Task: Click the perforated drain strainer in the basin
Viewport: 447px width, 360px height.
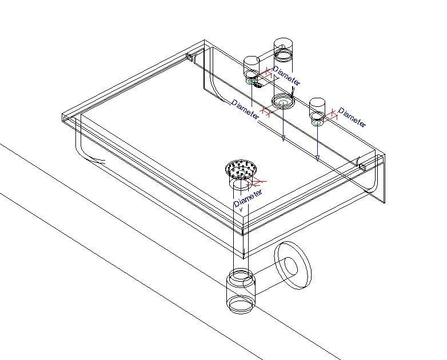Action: point(241,169)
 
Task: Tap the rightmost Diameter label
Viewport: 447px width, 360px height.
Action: point(352,117)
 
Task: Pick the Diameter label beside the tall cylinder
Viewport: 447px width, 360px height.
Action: point(286,74)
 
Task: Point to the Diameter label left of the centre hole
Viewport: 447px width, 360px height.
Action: point(245,109)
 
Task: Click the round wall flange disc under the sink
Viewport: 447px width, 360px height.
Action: point(294,266)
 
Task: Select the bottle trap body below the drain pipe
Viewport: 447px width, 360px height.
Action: point(240,291)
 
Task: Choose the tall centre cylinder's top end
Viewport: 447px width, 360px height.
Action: point(283,46)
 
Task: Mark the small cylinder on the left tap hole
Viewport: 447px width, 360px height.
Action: point(252,66)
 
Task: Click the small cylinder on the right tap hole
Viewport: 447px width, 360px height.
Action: point(317,107)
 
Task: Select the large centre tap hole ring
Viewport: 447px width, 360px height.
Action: point(283,102)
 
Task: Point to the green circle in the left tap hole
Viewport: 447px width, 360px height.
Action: point(251,81)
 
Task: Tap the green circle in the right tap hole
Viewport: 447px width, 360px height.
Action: point(317,121)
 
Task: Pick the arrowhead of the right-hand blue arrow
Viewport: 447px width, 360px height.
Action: point(317,158)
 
